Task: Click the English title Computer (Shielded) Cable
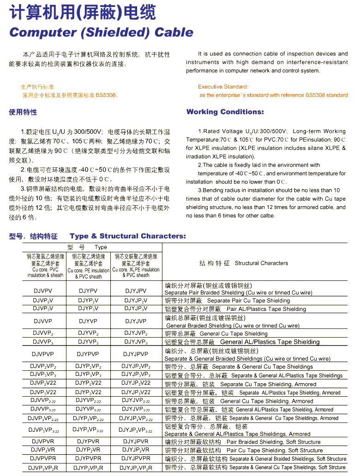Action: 101,33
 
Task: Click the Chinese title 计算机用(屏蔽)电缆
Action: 83,13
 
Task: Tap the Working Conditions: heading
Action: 225,112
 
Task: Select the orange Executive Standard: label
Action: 223,87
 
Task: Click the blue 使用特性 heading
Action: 23,112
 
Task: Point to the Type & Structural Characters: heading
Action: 128,236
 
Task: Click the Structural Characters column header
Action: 261,263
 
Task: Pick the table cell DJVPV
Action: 43,291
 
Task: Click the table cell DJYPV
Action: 88,291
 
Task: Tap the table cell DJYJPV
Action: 136,291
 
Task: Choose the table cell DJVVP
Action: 43,321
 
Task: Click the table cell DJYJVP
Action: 136,321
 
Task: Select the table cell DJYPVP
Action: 88,354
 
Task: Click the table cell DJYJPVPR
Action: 136,458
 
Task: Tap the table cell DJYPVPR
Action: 88,458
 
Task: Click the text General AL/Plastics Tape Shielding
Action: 270,342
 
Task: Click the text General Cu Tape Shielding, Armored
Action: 266,401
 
